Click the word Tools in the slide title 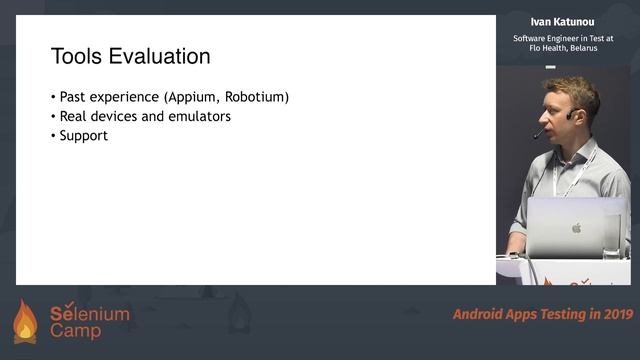[x=77, y=56]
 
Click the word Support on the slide [x=83, y=135]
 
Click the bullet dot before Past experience [x=53, y=98]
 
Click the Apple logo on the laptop [x=575, y=228]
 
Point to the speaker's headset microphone [x=539, y=133]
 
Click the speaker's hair [x=572, y=88]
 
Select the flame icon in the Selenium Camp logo [x=25, y=322]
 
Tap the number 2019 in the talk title [x=616, y=314]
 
